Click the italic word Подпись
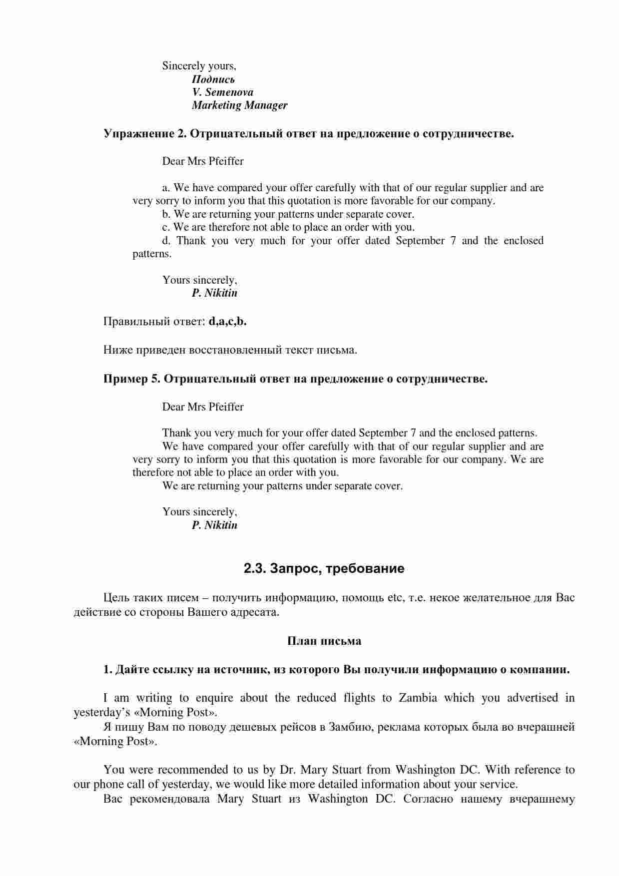click(213, 79)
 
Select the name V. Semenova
click(222, 92)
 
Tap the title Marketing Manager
click(239, 105)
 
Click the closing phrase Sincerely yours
click(199, 66)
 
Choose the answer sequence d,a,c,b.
click(227, 321)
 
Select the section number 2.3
click(254, 568)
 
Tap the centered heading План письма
click(324, 641)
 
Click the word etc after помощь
click(395, 597)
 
